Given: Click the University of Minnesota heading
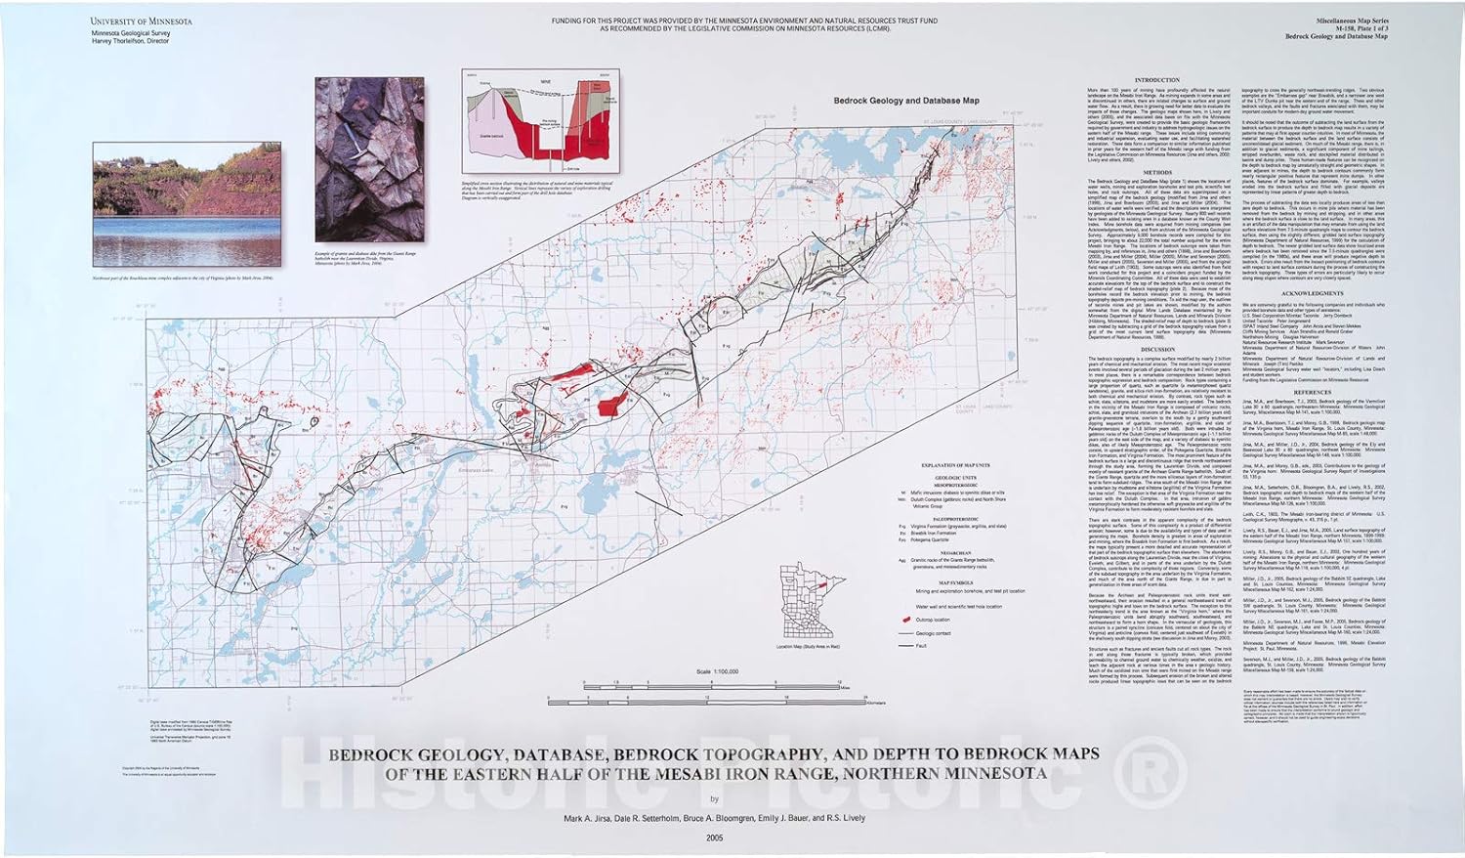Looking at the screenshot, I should coord(141,21).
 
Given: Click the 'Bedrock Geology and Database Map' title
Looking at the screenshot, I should coord(904,100).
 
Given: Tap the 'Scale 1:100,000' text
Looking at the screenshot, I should coord(718,671).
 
